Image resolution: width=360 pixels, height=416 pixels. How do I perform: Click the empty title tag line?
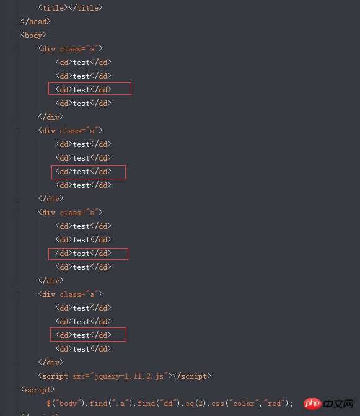70,7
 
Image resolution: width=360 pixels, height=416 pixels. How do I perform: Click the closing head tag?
35,21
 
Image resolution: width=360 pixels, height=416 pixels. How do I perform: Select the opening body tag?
33,35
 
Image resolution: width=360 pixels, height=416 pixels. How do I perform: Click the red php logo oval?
312,404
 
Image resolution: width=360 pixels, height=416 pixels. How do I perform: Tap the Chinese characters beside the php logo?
338,404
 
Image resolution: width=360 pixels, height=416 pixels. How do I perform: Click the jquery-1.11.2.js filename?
129,376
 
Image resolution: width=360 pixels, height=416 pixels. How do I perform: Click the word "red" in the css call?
274,404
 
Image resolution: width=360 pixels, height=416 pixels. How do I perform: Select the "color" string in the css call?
244,404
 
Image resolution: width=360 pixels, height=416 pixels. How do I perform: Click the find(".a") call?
109,404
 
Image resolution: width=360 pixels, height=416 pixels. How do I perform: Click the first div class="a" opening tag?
70,49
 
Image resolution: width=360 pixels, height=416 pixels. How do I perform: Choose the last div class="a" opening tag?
70,294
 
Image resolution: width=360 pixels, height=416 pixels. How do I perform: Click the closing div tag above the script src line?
51,363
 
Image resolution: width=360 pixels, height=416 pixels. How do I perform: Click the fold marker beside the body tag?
17,35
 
